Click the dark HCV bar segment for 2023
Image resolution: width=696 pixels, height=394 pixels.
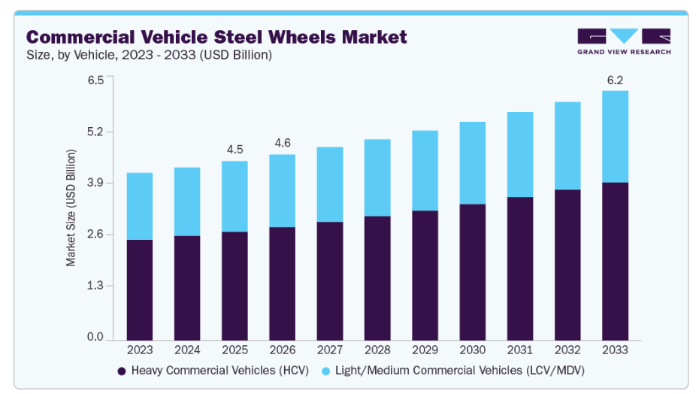pyautogui.click(x=140, y=289)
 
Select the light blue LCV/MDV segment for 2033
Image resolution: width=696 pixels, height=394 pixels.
pyautogui.click(x=616, y=137)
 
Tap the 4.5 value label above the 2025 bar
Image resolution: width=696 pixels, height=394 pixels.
pyautogui.click(x=235, y=149)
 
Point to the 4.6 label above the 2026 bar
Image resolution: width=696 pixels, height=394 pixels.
pyautogui.click(x=282, y=143)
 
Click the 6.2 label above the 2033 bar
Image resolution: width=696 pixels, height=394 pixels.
pyautogui.click(x=616, y=79)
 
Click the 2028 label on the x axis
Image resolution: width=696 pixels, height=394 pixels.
pyautogui.click(x=377, y=350)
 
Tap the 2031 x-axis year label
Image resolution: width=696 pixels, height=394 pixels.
pyautogui.click(x=520, y=350)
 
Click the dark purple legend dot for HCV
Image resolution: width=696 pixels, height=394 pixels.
pyautogui.click(x=122, y=371)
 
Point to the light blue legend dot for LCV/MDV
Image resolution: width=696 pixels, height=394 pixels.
pyautogui.click(x=325, y=371)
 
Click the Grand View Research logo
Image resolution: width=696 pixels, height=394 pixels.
pyautogui.click(x=623, y=41)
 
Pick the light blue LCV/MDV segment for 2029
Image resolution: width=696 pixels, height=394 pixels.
pyautogui.click(x=425, y=171)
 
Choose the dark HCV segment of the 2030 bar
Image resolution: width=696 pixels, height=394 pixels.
pyautogui.click(x=473, y=271)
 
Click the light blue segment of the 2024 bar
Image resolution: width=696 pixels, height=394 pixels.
pyautogui.click(x=187, y=202)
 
